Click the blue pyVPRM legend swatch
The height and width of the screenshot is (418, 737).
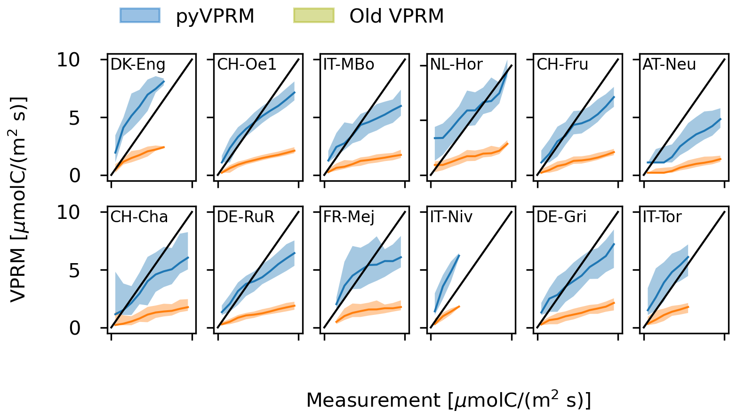(140, 16)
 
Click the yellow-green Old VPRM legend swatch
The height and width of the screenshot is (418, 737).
(313, 16)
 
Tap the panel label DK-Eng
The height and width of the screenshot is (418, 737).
(137, 64)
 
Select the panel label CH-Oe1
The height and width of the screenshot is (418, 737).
(247, 64)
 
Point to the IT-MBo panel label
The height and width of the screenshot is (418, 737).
(349, 64)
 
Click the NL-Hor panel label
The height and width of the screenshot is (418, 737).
(457, 64)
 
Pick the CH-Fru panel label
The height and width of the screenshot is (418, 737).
(562, 64)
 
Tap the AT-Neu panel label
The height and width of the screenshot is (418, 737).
(669, 64)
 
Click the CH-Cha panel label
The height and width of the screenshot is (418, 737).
(139, 217)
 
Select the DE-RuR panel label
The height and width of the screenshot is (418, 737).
(246, 217)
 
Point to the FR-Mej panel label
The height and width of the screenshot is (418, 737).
(349, 217)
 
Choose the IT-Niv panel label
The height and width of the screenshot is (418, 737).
(451, 217)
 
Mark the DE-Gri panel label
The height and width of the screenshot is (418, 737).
(561, 217)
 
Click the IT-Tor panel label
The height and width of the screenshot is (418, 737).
(662, 217)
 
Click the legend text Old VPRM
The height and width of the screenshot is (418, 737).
(396, 16)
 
